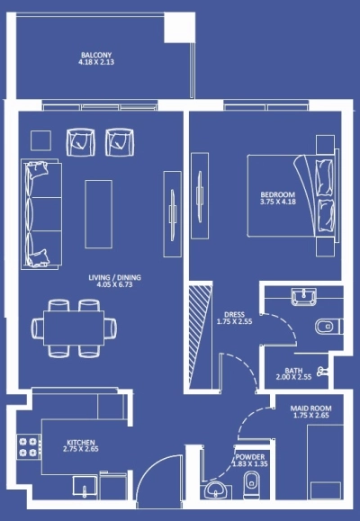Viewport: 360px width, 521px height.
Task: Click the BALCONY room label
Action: (96, 55)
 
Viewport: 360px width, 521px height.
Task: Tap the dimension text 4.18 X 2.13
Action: (96, 63)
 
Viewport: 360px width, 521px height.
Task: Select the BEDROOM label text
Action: (276, 193)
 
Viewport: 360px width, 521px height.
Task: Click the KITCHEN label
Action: (81, 442)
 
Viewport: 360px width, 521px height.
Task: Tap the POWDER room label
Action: (248, 456)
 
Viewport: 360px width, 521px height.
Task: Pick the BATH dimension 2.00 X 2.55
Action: (293, 378)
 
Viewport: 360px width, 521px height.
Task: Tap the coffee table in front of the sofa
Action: (99, 213)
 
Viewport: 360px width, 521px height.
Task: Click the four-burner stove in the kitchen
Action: (25, 447)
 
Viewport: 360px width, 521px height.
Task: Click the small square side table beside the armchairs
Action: (41, 140)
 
